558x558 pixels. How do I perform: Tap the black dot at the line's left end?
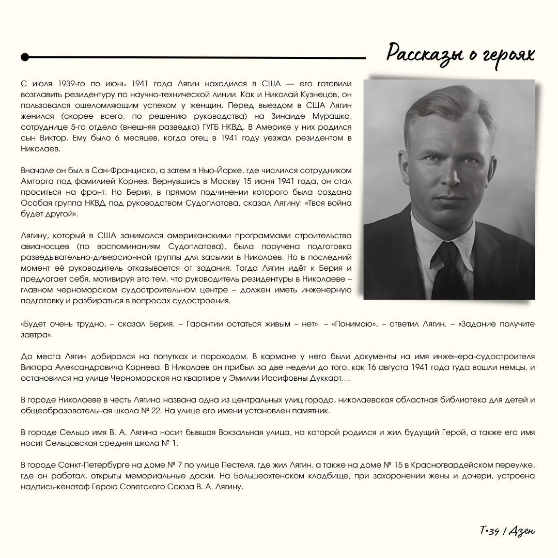25,57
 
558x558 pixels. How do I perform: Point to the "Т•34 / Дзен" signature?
507,531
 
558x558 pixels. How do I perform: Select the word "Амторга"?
38,181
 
